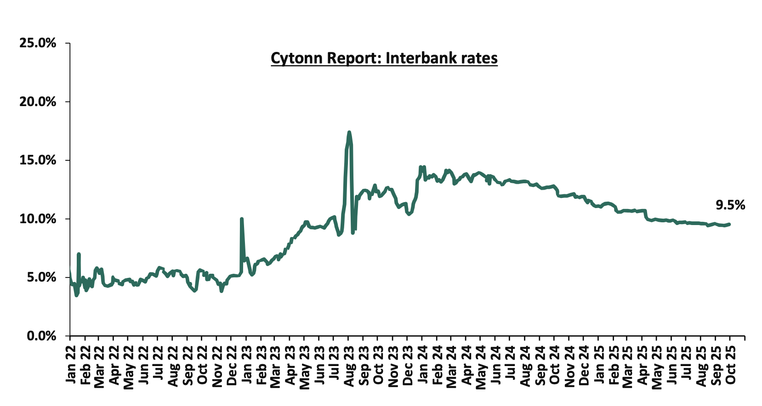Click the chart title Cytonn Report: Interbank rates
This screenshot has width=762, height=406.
384,58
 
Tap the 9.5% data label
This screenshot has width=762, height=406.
730,205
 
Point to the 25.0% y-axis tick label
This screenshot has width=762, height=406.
38,43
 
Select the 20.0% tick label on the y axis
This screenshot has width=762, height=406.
38,101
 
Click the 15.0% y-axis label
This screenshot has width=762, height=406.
38,160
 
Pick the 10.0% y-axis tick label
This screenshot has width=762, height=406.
38,219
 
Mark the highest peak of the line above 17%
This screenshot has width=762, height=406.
349,132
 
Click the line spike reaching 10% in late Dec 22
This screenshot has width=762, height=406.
241,219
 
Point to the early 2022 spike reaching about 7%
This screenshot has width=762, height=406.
79,254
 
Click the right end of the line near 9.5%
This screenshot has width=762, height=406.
729,224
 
